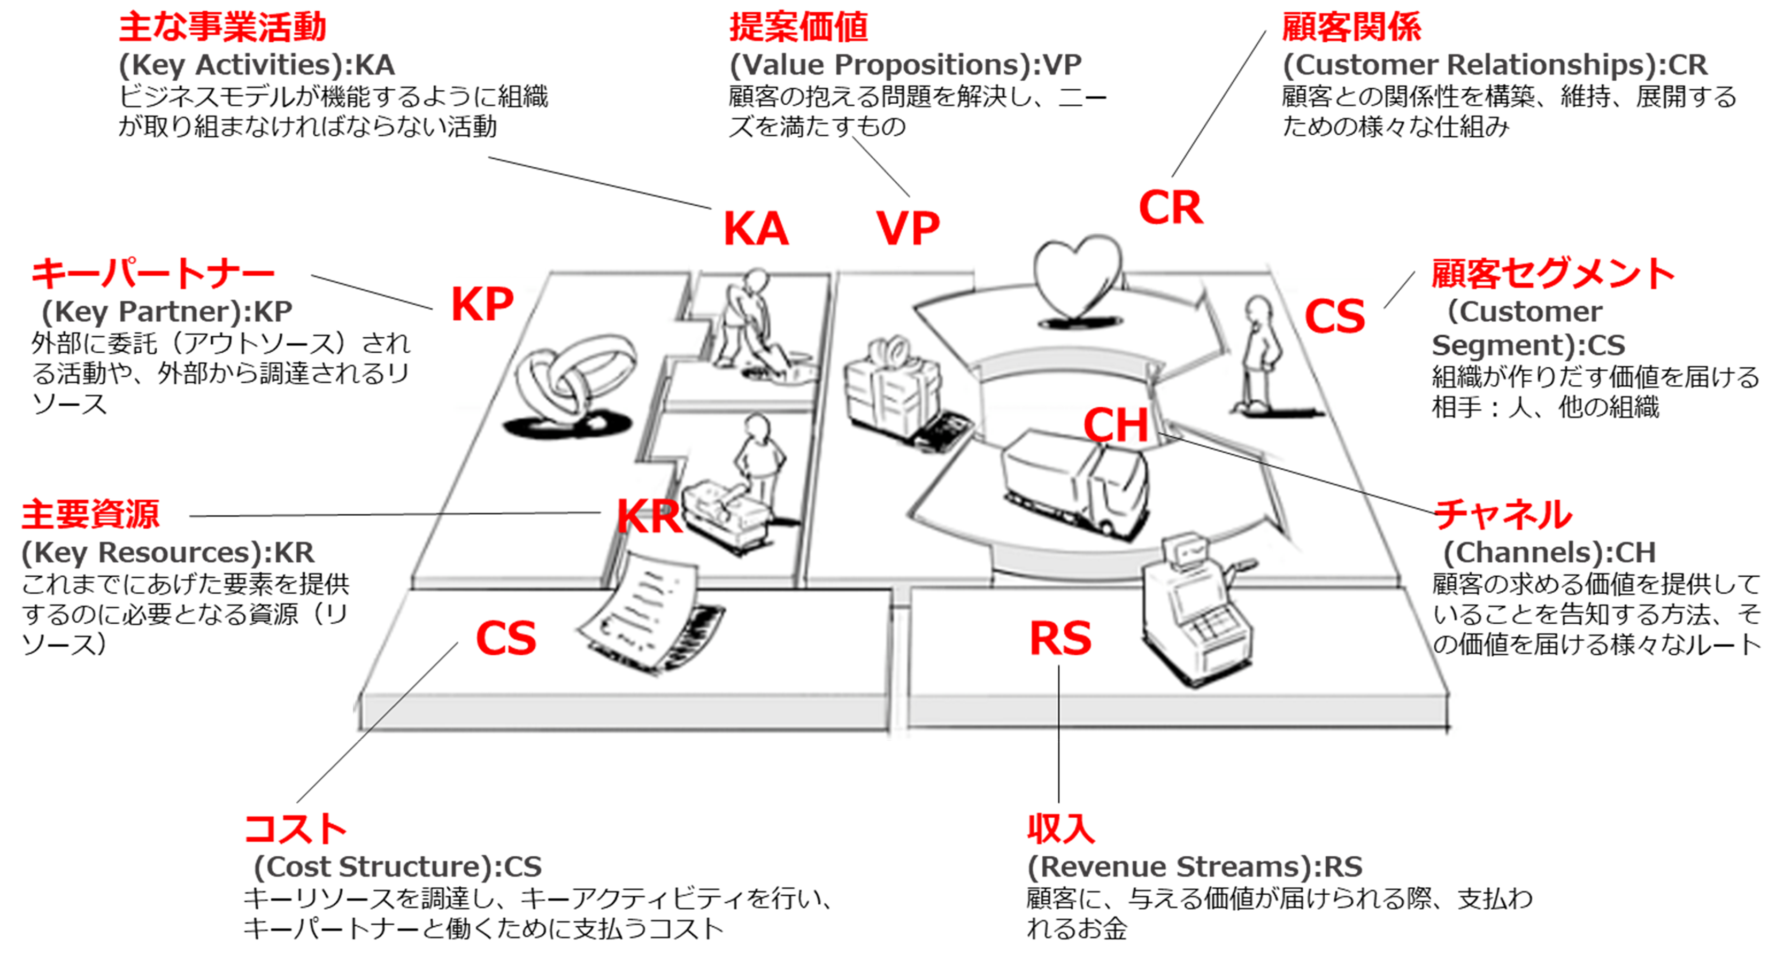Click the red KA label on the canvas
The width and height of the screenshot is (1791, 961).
(x=756, y=229)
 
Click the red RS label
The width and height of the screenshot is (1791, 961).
(x=1059, y=639)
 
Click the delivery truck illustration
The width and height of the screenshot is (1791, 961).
(x=1074, y=483)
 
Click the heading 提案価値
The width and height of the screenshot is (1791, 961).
(x=798, y=28)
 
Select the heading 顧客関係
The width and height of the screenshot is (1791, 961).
(x=1351, y=28)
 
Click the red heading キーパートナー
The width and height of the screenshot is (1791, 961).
(x=153, y=273)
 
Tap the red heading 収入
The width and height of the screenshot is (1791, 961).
(x=1061, y=828)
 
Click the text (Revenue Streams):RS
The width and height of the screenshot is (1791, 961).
(x=1195, y=866)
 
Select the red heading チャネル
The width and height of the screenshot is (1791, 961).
(x=1502, y=515)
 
